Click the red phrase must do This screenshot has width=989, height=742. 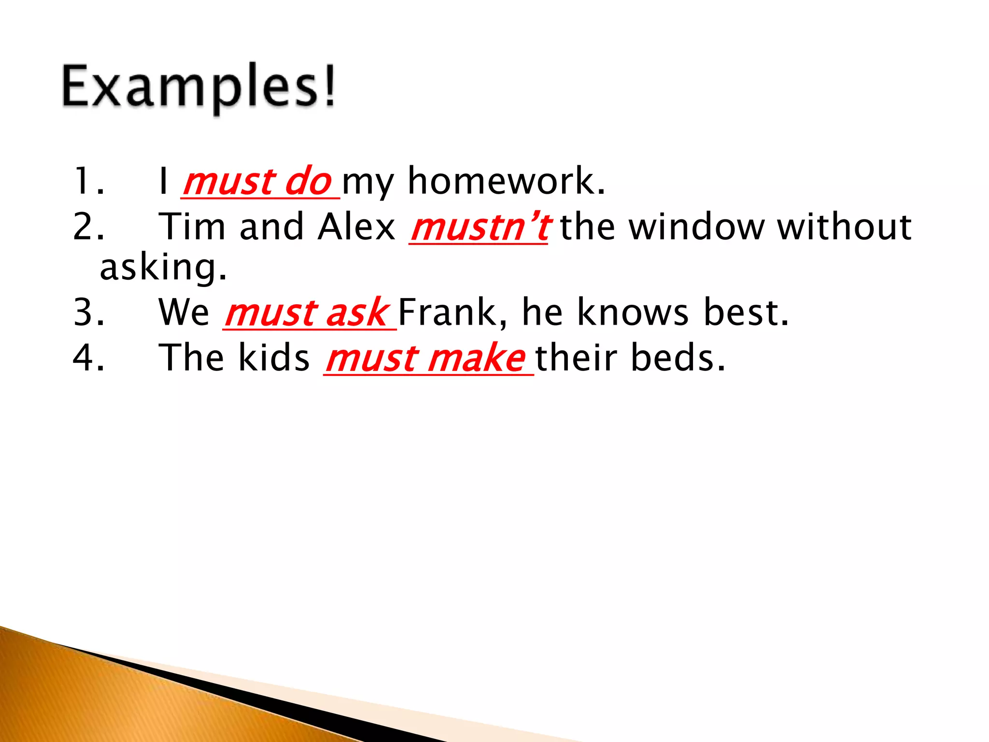tap(258, 182)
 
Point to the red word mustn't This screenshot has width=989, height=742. tap(479, 227)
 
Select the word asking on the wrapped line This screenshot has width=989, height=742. tap(162, 268)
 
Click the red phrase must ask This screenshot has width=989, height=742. tap(307, 313)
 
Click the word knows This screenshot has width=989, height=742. tap(633, 312)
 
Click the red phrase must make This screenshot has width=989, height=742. tap(426, 358)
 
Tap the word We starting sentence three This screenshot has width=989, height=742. tap(184, 312)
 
